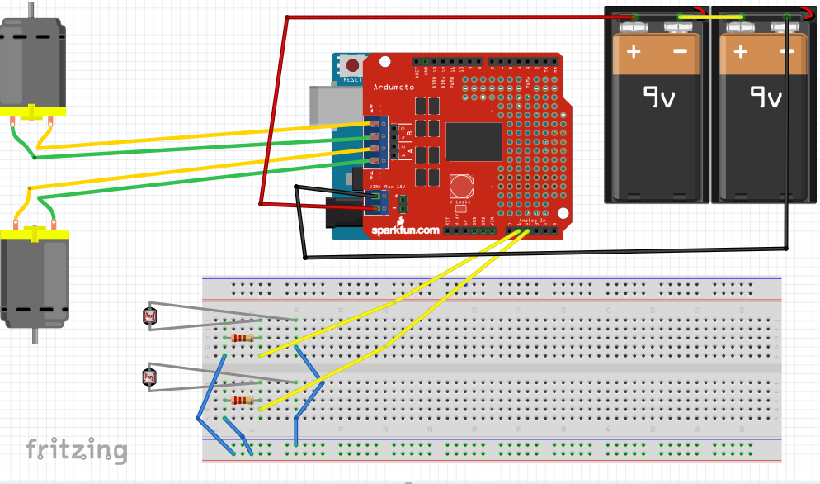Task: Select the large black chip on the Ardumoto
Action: click(x=474, y=141)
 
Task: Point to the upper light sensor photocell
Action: click(x=149, y=316)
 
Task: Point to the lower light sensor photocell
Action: click(x=149, y=377)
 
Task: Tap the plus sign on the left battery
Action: click(x=634, y=51)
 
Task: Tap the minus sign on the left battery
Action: click(x=681, y=51)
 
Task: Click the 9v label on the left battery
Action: click(x=657, y=99)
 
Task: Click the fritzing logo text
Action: click(x=76, y=450)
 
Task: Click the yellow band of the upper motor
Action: click(x=31, y=111)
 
